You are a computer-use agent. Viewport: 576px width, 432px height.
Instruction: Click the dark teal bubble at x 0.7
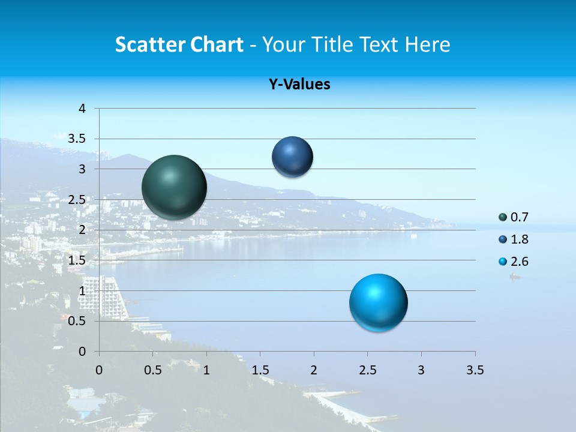point(174,187)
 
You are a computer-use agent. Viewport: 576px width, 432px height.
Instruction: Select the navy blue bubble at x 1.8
point(292,157)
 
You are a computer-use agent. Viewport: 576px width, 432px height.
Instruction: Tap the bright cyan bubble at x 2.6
point(378,302)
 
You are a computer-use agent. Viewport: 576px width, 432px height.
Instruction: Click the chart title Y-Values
point(299,85)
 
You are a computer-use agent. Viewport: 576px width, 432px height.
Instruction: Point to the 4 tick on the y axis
point(83,109)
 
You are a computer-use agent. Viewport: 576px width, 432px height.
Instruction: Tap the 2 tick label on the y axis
point(83,230)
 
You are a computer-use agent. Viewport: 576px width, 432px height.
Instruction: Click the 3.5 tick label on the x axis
point(475,370)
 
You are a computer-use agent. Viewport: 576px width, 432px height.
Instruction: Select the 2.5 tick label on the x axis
point(367,370)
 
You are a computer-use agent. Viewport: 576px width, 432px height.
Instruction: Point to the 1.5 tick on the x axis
point(260,370)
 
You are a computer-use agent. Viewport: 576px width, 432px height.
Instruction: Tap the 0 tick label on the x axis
point(99,370)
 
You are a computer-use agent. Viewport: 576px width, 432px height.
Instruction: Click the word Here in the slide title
point(427,44)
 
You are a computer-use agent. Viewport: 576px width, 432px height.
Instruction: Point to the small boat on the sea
point(514,277)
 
